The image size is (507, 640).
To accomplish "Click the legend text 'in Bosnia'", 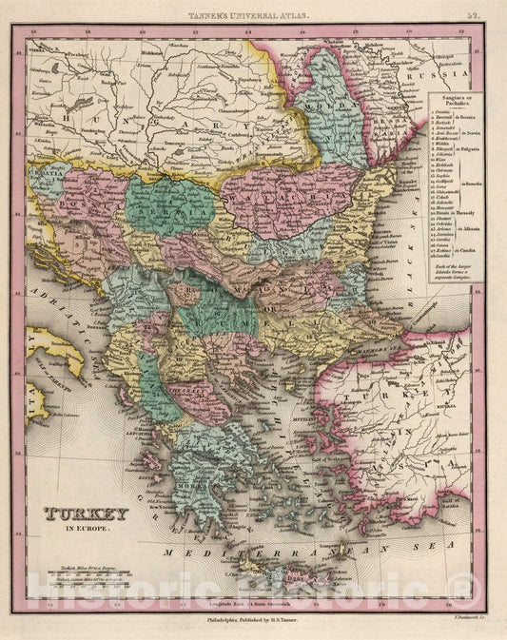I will (x=472, y=122).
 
